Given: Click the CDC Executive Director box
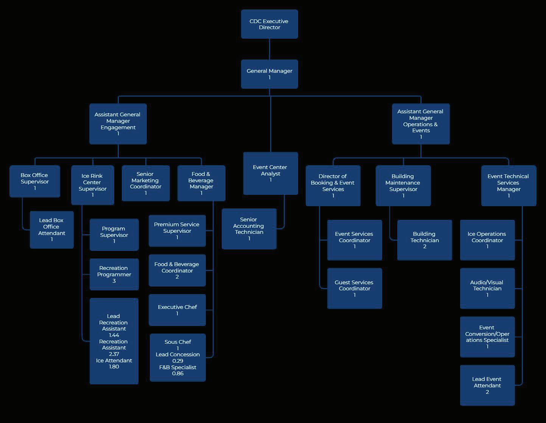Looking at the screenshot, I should [x=269, y=24].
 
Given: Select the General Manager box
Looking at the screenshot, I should [x=269, y=74].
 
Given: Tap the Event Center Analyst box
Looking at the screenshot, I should [x=270, y=173].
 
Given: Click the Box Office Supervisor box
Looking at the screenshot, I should [x=34, y=181].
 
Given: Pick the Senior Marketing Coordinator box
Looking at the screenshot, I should [x=145, y=183].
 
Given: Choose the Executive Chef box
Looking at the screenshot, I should [x=177, y=310].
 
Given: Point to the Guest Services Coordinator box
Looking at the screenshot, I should [x=354, y=288].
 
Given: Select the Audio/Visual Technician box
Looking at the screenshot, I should [x=487, y=288].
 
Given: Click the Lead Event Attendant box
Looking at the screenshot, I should [x=487, y=385].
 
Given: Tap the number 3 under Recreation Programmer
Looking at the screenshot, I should [x=114, y=281].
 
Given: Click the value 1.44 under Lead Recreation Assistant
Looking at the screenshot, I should [x=114, y=335].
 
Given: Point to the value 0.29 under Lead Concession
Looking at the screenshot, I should [x=177, y=361].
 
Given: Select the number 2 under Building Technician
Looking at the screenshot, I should [x=425, y=246].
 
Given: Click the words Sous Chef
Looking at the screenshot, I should [x=177, y=342].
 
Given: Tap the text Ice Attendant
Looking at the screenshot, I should [x=114, y=360].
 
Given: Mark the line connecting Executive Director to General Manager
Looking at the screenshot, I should [x=269, y=49].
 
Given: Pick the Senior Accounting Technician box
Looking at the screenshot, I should [x=249, y=229].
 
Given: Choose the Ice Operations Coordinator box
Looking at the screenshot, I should [x=487, y=240].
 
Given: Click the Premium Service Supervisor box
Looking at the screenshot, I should [x=177, y=230].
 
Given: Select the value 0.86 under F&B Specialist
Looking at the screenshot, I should [x=177, y=373].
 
